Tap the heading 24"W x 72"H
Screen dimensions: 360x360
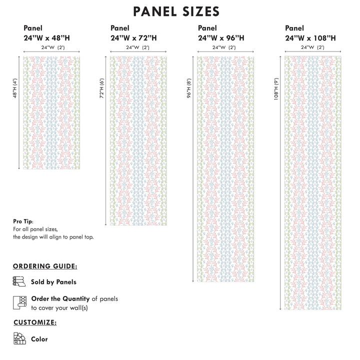pos(133,37)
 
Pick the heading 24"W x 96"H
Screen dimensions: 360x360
pos(221,37)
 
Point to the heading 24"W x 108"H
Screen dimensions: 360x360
pos(310,37)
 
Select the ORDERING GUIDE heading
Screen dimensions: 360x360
pos(45,267)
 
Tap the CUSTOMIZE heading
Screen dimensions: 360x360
pos(34,322)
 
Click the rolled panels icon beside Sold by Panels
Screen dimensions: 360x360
pos(18,281)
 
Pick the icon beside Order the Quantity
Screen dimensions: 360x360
pos(19,302)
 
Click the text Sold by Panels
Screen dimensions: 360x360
pos(53,282)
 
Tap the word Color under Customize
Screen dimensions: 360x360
pos(39,339)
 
